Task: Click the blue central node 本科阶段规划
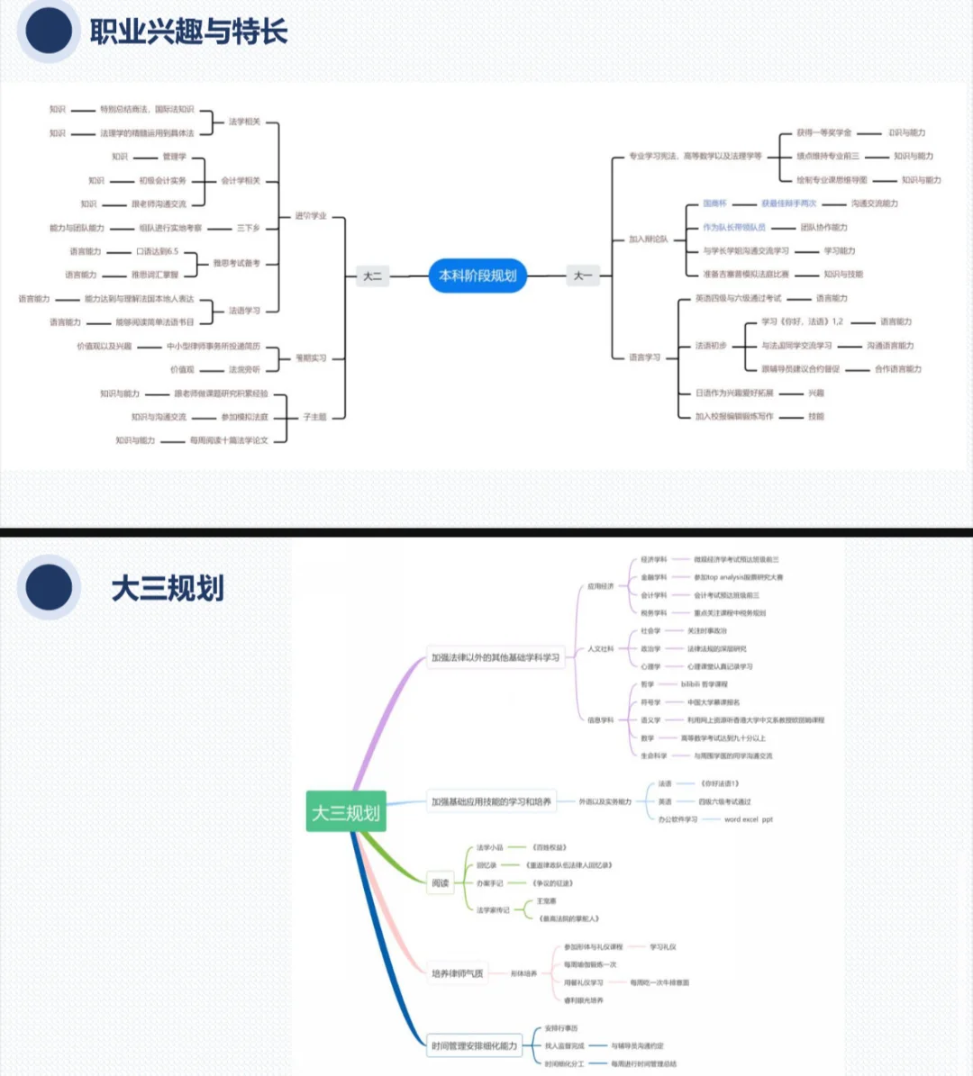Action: click(477, 276)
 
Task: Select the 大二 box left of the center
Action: click(372, 276)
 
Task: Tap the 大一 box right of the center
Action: click(583, 276)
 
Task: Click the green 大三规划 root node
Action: click(346, 813)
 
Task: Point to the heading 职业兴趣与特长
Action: click(188, 32)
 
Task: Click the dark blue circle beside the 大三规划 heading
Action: click(49, 589)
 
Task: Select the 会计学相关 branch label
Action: click(241, 180)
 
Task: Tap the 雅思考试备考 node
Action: click(236, 263)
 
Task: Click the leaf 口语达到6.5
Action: click(158, 251)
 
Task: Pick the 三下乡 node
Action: click(248, 228)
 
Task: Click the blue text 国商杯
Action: click(714, 203)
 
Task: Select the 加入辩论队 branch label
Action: click(649, 240)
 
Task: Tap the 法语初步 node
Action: click(710, 346)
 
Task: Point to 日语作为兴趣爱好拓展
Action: click(734, 393)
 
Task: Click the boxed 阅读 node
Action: click(440, 883)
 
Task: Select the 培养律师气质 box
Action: click(457, 973)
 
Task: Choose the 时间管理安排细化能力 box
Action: click(474, 1045)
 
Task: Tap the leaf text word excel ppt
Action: click(748, 819)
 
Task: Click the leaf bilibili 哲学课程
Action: click(704, 684)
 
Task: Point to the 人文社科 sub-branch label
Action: click(600, 648)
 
